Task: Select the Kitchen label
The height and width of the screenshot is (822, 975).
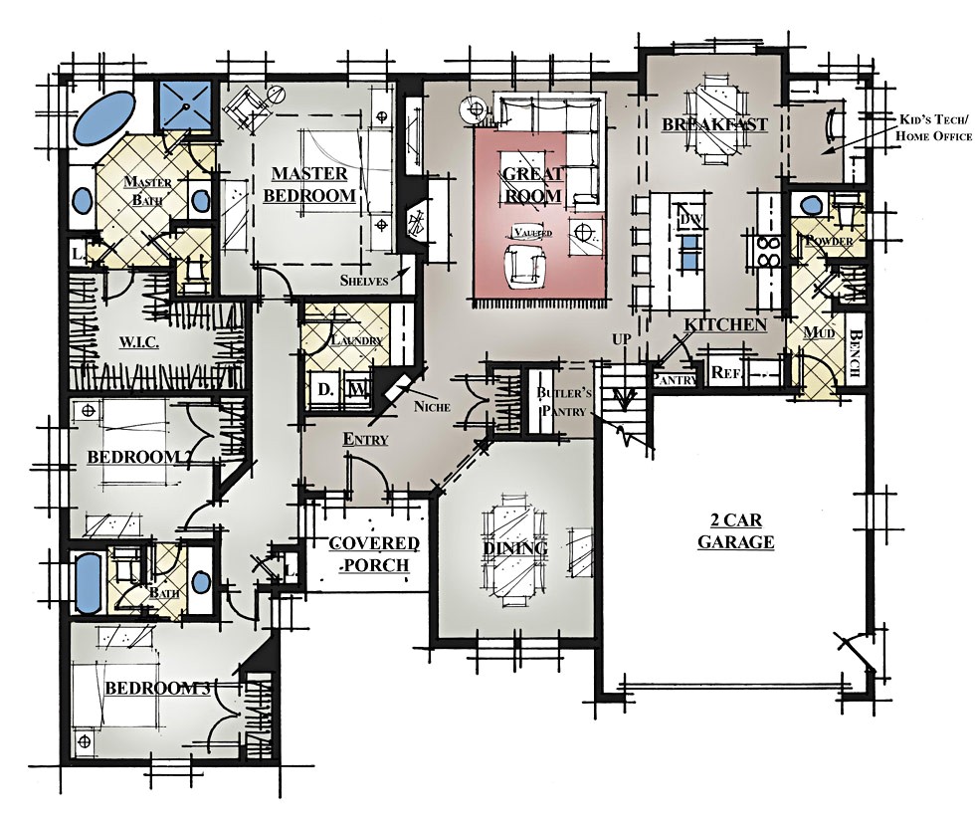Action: click(724, 325)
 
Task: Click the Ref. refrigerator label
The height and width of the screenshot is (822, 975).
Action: click(724, 374)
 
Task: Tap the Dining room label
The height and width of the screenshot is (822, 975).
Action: click(515, 549)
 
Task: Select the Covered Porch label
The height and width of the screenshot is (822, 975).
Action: click(374, 554)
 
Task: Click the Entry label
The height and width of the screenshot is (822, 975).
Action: click(365, 439)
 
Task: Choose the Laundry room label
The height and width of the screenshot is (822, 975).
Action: click(358, 340)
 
